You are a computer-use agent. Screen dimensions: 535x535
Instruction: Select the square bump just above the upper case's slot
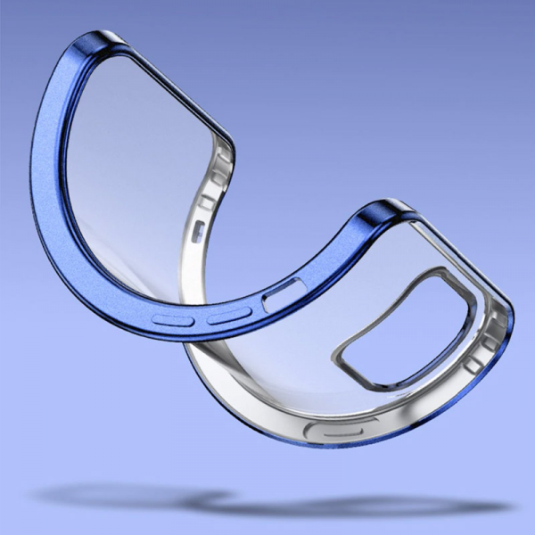point(207,204)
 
